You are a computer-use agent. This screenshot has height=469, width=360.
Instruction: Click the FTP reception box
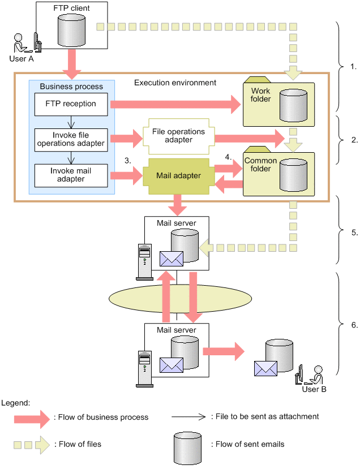point(71,104)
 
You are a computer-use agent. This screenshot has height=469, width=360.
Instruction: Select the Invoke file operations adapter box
point(70,139)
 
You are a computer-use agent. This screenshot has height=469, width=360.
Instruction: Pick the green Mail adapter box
point(178,176)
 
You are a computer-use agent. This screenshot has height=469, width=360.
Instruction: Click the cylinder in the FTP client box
point(71,27)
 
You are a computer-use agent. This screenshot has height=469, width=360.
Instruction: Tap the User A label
point(22,59)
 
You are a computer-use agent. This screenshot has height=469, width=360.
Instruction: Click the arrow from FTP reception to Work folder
point(175,104)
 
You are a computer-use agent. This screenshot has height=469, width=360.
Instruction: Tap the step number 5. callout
point(354,233)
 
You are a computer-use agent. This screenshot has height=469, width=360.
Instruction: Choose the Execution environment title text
point(175,83)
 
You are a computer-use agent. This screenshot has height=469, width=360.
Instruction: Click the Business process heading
point(71,87)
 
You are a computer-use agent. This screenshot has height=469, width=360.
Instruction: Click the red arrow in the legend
point(33,418)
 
